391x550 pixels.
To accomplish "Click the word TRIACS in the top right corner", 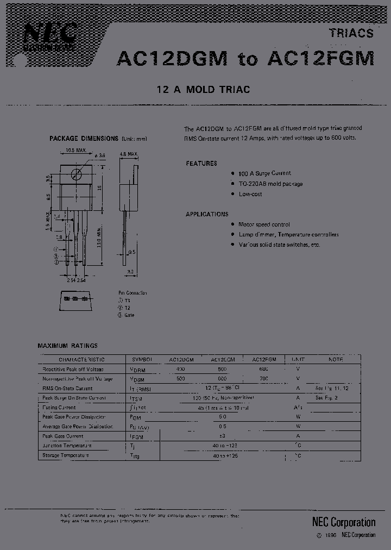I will [x=351, y=33].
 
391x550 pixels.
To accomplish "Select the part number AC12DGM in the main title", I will [x=172, y=59].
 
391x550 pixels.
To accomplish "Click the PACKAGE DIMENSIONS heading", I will [x=84, y=139].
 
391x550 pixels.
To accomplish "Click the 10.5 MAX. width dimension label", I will [x=77, y=150].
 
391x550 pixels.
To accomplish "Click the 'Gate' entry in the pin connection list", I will [x=129, y=315].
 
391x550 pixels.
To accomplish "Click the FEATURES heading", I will [x=201, y=163].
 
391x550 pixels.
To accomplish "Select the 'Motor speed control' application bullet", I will [x=264, y=224].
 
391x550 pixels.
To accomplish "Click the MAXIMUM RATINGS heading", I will [x=67, y=345].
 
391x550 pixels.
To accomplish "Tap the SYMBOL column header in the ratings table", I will [x=142, y=360].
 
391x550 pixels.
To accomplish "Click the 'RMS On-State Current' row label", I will [x=67, y=389].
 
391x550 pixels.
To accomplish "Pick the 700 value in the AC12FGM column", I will [x=263, y=378].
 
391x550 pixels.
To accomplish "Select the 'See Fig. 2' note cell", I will [x=326, y=398].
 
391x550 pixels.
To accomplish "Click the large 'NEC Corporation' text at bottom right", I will [x=343, y=522].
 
